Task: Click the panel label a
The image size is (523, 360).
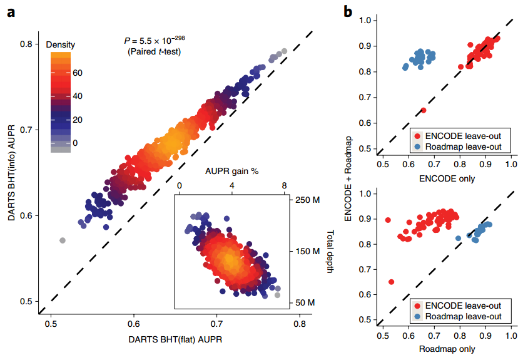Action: pos(11,11)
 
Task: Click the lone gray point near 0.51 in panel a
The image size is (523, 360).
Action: pos(63,240)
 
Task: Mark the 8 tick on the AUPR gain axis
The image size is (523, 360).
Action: pos(284,185)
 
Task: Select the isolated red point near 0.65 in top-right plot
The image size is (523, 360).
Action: pos(424,110)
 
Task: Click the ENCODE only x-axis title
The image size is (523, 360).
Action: pos(445,179)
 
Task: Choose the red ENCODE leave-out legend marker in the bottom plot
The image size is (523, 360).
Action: pos(417,306)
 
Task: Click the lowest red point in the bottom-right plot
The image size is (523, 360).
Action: pos(391,282)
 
